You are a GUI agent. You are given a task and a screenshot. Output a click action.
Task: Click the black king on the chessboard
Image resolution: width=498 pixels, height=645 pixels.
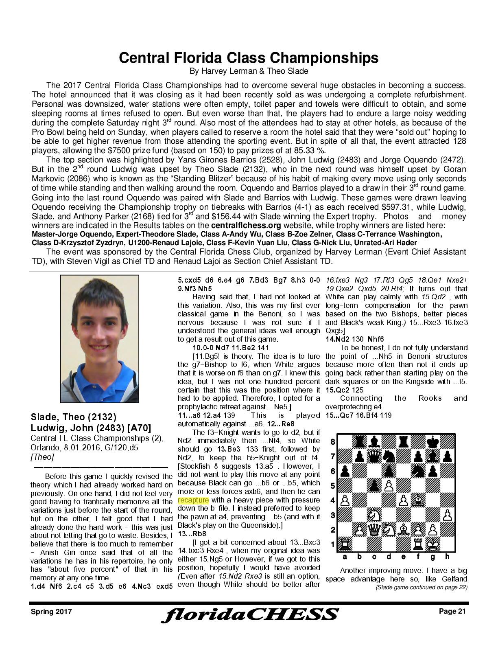coord(433,442)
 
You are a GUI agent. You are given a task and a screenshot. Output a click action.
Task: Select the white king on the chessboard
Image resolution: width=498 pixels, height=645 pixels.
coord(433,544)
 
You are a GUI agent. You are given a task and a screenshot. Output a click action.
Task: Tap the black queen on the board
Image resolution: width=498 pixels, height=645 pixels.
coord(374,456)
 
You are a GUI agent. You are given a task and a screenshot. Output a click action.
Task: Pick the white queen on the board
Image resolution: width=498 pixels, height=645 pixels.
coord(374,530)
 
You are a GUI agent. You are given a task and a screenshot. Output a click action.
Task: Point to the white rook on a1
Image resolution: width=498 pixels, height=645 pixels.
coord(345,544)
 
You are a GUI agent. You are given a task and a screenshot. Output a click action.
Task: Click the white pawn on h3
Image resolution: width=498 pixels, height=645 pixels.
coord(448,515)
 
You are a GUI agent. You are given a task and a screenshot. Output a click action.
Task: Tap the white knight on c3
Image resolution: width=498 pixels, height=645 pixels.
coord(374,515)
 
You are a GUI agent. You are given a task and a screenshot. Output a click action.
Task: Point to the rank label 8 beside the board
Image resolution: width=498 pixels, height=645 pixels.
coord(332,442)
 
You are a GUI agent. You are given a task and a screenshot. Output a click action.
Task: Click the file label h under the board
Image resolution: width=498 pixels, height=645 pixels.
coord(448,557)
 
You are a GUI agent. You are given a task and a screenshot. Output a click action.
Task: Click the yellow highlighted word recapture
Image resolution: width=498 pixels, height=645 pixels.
coord(193,500)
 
